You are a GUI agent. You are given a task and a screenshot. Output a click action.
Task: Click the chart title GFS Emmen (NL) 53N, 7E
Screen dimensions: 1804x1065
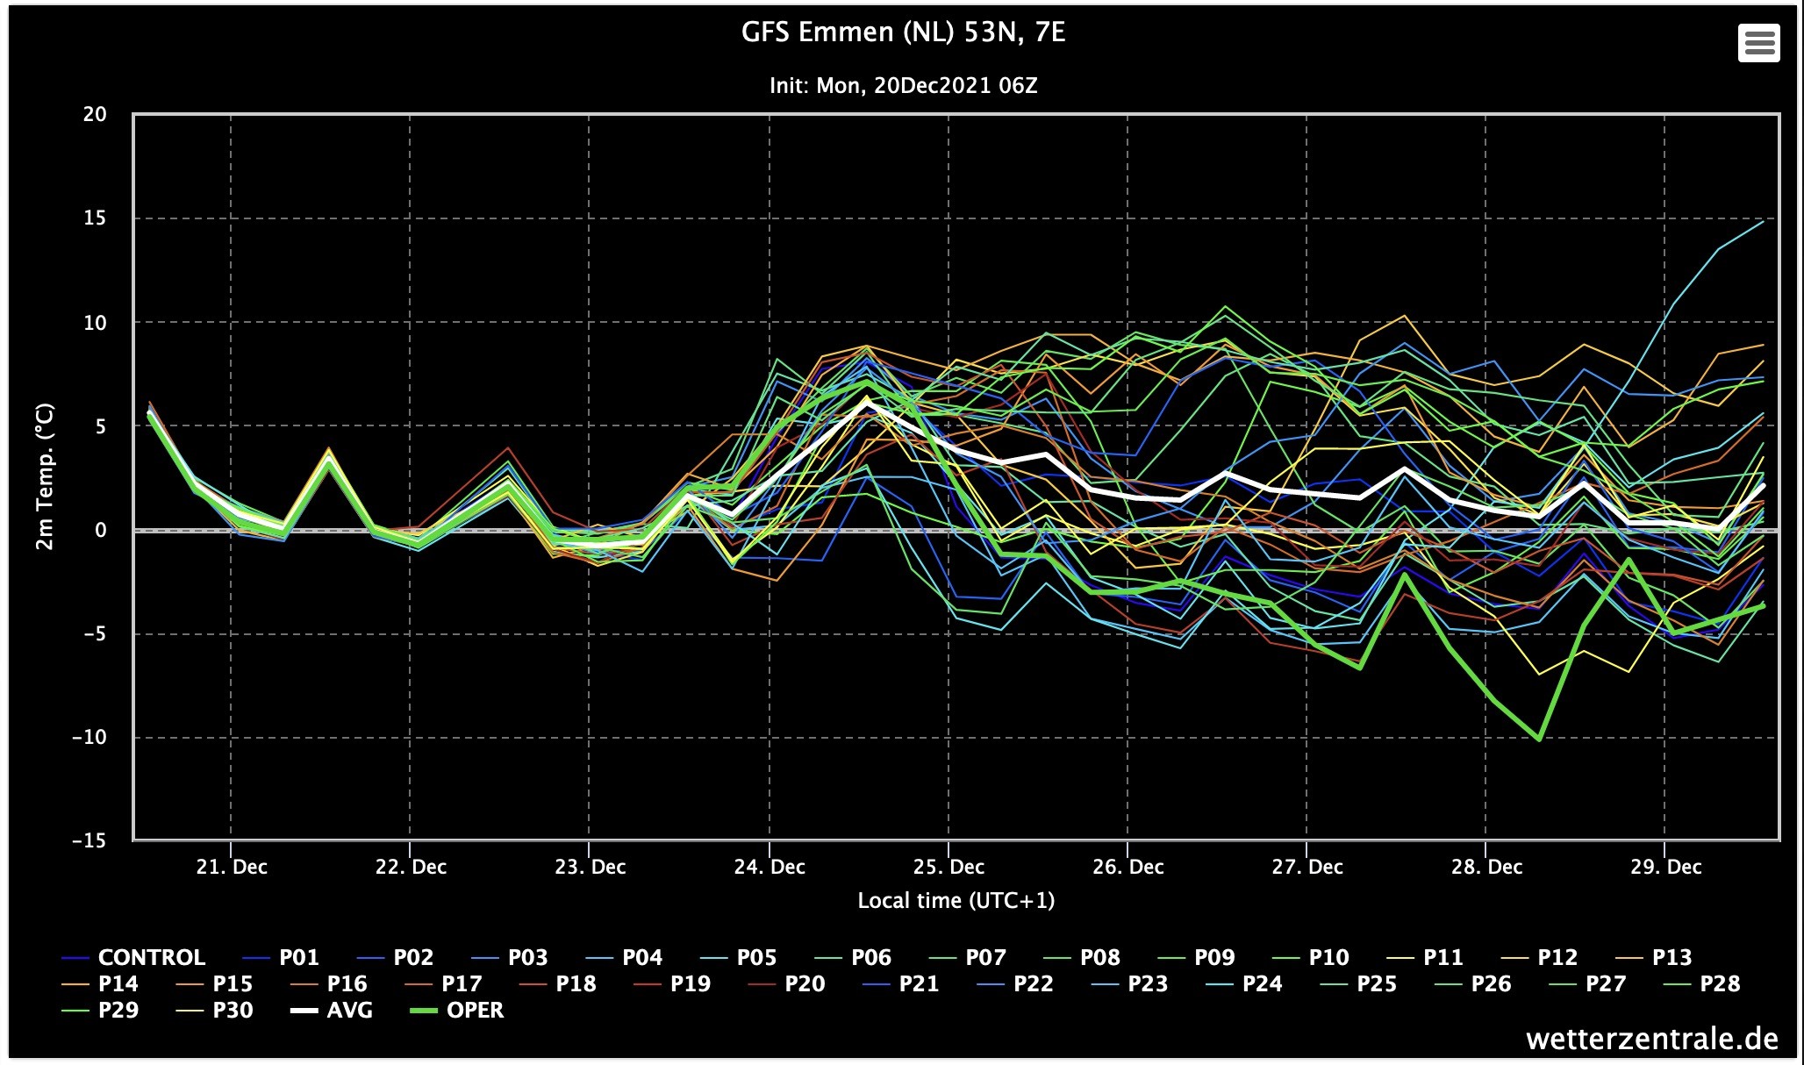(903, 33)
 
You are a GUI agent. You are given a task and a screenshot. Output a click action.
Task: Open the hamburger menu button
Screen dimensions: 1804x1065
(1758, 42)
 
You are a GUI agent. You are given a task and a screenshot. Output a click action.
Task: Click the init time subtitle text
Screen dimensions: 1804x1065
(903, 86)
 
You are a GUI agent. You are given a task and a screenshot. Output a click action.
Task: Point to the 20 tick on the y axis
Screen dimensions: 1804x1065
(95, 114)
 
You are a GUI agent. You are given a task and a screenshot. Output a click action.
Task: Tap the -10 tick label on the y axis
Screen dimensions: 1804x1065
(89, 737)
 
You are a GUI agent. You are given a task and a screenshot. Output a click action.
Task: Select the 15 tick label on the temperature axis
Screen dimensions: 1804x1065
(95, 218)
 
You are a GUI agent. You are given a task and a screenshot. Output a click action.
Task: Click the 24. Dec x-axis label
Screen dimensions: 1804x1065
(770, 867)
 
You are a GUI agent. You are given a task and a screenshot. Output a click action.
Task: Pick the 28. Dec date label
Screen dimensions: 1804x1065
(1486, 867)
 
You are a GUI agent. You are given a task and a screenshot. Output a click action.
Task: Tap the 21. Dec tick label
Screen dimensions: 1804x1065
(232, 867)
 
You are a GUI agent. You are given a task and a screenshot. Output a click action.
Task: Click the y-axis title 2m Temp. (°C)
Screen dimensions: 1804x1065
(44, 476)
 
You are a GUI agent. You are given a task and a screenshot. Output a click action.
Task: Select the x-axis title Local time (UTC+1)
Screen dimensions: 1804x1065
(956, 901)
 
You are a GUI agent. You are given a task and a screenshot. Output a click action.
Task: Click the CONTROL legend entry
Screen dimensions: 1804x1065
(134, 957)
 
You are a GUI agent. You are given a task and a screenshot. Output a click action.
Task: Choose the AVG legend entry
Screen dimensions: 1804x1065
(332, 1010)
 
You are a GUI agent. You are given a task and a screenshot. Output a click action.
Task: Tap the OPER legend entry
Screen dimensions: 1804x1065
(457, 1010)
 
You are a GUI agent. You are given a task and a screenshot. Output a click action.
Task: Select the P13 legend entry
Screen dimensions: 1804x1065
(1654, 957)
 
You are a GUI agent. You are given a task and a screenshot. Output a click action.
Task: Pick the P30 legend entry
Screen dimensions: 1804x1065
(215, 1010)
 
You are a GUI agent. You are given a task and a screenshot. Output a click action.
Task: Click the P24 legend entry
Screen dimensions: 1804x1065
(1244, 983)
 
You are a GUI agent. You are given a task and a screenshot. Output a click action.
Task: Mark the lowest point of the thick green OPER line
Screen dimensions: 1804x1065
(1539, 740)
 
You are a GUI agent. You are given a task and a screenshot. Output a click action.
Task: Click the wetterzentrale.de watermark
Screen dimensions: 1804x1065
(1652, 1039)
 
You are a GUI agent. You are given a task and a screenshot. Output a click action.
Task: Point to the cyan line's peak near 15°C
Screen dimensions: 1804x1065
(1763, 221)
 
